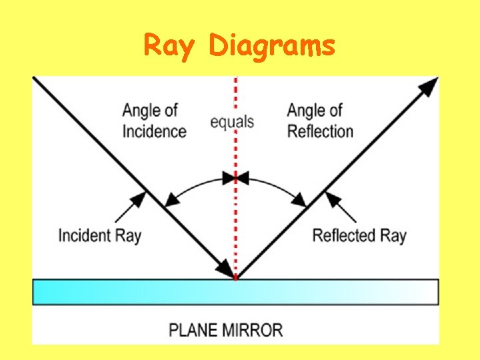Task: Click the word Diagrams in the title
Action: pos(272,47)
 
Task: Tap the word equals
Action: pos(232,122)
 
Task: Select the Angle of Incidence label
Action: pos(153,121)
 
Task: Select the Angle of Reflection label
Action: pos(320,121)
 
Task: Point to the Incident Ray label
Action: pos(100,235)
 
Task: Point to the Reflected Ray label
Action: pos(359,235)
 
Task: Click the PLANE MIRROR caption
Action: pos(226,330)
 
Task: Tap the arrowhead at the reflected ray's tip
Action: pos(430,86)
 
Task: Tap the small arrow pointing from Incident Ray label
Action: pos(130,207)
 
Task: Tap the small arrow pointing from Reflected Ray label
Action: pos(341,207)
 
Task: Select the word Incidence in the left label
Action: pos(155,131)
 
